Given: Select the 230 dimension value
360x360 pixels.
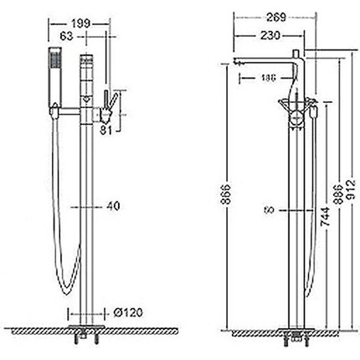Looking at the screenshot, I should pyautogui.click(x=270, y=35).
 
